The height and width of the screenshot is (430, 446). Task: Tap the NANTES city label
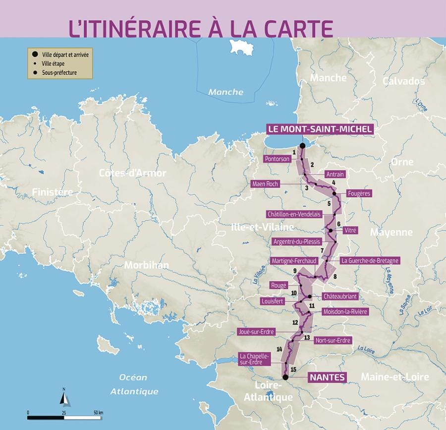point(327,377)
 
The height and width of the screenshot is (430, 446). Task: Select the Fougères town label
point(359,193)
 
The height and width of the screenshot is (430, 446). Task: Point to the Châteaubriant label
point(339,296)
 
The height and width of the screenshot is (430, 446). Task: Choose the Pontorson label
point(277,159)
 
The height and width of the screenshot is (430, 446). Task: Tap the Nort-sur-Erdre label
point(333,340)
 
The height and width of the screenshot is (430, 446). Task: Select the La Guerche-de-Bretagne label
point(370,260)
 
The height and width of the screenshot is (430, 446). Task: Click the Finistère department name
point(52,192)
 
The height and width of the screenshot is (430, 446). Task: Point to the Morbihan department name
point(146,265)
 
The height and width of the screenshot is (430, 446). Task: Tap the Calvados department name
point(403,81)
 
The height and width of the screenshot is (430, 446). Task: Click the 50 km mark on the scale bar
point(97,412)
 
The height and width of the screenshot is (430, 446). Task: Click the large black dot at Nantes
point(285,377)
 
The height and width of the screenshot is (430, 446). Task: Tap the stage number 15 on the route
point(293,369)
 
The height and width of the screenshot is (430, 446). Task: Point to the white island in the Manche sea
point(240,47)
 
